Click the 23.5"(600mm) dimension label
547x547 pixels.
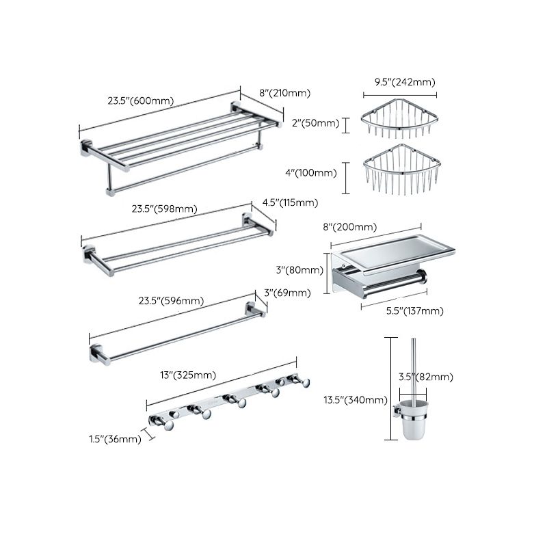pos(140,101)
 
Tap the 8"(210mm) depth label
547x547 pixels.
pos(284,93)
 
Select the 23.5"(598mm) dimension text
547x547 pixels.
pos(158,209)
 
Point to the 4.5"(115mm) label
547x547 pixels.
pos(290,202)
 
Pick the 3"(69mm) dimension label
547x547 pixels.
pos(287,293)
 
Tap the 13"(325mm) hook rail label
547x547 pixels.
pos(188,375)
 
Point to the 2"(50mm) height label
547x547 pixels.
pos(315,123)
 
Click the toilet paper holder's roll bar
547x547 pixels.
pos(390,280)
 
